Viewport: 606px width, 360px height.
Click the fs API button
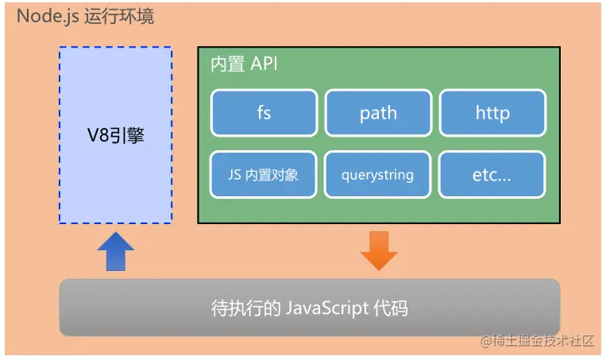pyautogui.click(x=264, y=112)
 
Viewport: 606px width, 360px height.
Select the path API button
pyautogui.click(x=378, y=112)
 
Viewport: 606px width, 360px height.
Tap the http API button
pyautogui.click(x=492, y=112)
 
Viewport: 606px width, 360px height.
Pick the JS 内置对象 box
pyautogui.click(x=264, y=175)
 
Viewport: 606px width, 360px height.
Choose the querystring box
pyautogui.click(x=378, y=175)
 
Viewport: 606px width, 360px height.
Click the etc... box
pyautogui.click(x=492, y=175)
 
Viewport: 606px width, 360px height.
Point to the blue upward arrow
pyautogui.click(x=115, y=252)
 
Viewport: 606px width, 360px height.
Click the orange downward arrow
pyautogui.click(x=379, y=250)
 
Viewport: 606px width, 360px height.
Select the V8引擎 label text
pyautogui.click(x=116, y=136)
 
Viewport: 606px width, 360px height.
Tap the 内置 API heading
pyautogui.click(x=243, y=64)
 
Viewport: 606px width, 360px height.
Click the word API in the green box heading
pyautogui.click(x=264, y=64)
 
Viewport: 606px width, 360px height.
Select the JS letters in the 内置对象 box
pyautogui.click(x=232, y=175)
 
